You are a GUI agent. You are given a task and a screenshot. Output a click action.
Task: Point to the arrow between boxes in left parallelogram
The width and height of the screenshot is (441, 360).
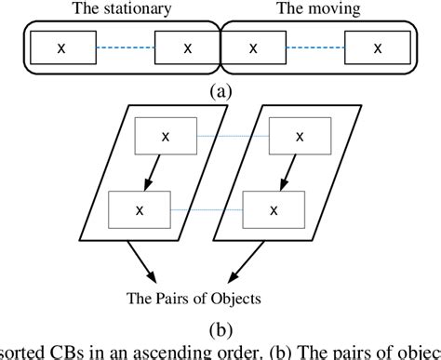154,173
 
